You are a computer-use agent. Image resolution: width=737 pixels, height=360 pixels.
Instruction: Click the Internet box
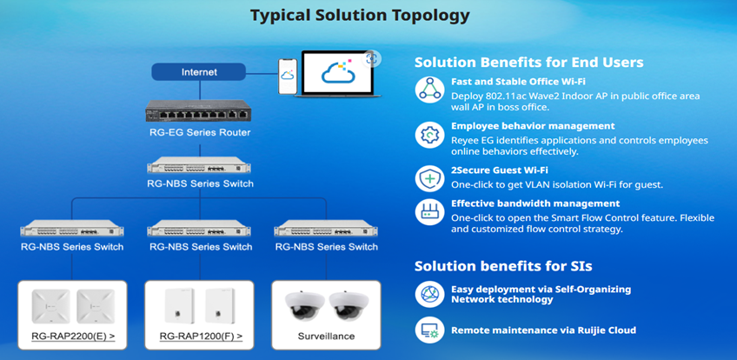pyautogui.click(x=199, y=72)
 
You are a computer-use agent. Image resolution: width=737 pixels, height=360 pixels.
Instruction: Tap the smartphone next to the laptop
pyautogui.click(x=288, y=77)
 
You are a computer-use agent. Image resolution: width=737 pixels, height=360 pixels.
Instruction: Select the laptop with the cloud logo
pyautogui.click(x=337, y=74)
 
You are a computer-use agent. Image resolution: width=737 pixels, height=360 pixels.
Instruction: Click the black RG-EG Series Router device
pyautogui.click(x=198, y=111)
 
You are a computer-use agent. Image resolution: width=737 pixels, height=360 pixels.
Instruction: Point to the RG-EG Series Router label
pyautogui.click(x=200, y=132)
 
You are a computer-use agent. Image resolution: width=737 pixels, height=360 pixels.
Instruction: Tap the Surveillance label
pyautogui.click(x=326, y=336)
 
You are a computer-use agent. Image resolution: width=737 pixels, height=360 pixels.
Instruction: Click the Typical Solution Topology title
pyautogui.click(x=360, y=15)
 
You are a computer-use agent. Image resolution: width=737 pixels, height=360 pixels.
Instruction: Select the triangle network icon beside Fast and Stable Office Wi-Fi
pyautogui.click(x=429, y=90)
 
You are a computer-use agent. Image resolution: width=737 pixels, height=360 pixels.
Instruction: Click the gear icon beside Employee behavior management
pyautogui.click(x=429, y=135)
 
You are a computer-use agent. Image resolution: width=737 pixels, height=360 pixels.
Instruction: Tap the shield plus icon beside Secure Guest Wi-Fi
pyautogui.click(x=429, y=178)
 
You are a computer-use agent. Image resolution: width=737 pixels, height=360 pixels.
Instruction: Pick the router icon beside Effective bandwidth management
pyautogui.click(x=429, y=212)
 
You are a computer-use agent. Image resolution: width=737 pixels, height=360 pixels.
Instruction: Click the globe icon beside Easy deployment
pyautogui.click(x=429, y=294)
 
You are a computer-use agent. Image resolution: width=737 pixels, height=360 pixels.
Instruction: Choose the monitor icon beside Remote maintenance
pyautogui.click(x=429, y=330)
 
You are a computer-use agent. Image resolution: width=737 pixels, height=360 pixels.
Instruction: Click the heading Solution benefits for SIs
pyautogui.click(x=503, y=266)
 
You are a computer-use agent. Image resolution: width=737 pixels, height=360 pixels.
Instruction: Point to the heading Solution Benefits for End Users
pyautogui.click(x=528, y=63)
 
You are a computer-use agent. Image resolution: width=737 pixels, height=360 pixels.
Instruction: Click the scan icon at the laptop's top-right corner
pyautogui.click(x=372, y=59)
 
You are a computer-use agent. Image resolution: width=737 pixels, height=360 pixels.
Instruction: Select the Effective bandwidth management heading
pyautogui.click(x=535, y=203)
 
